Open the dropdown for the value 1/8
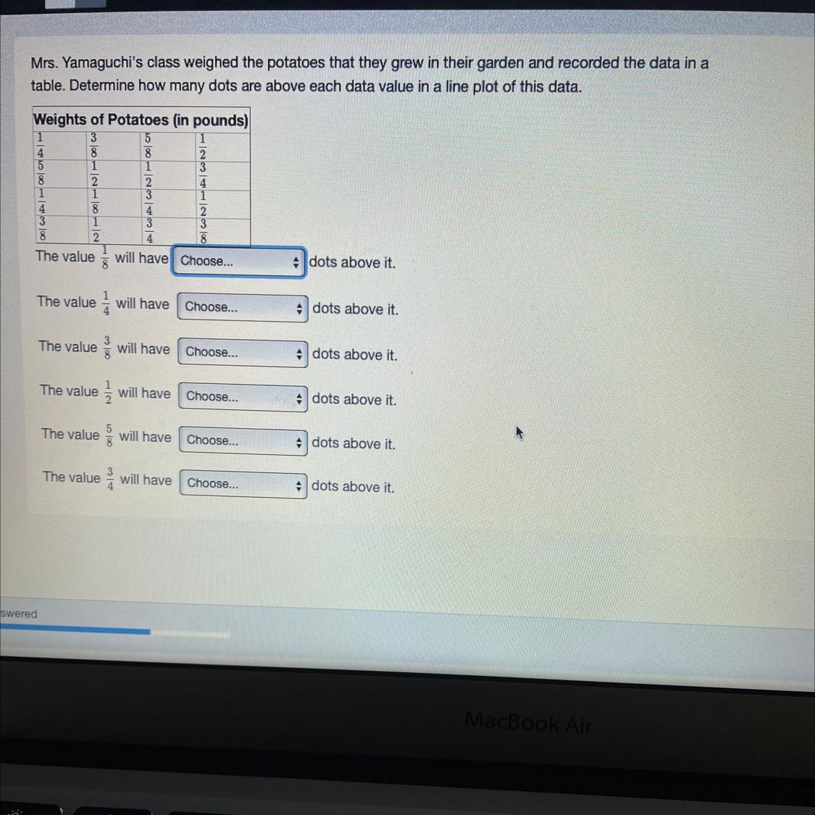[x=238, y=262]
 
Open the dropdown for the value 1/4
[x=242, y=307]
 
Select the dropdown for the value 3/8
[x=243, y=353]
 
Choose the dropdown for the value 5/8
[x=243, y=440]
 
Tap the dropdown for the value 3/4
[x=243, y=484]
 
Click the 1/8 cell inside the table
[x=95, y=201]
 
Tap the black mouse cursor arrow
[x=519, y=433]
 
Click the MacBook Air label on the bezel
[x=528, y=722]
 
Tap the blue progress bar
[x=75, y=630]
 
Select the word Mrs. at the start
[x=43, y=64]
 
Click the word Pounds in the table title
[x=220, y=120]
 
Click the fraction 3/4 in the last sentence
[x=110, y=479]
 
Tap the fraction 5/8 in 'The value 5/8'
[x=109, y=435]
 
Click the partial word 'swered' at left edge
[x=19, y=614]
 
